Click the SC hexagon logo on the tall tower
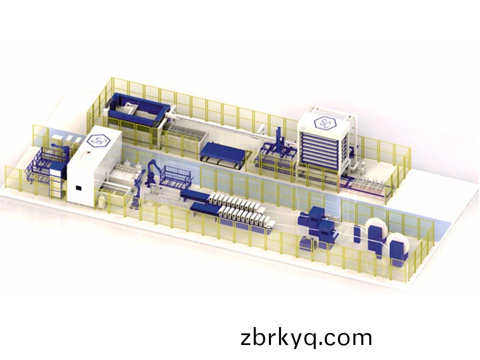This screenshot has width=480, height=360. coord(325,122)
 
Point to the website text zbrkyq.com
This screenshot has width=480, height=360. coord(306,338)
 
